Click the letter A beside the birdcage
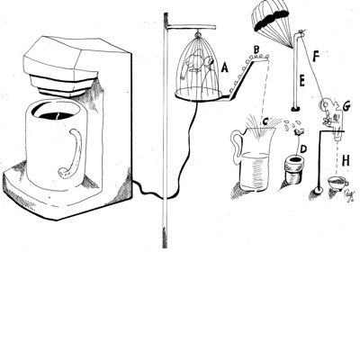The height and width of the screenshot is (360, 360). pos(224,68)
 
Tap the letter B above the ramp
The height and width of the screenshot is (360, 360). pos(256,49)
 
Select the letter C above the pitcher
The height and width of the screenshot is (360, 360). pos(265,121)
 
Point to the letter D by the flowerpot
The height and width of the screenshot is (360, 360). pos(303,148)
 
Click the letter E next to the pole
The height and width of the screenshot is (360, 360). pos(301,81)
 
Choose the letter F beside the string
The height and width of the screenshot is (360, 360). pos(316,57)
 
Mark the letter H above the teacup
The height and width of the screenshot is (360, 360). pos(346,161)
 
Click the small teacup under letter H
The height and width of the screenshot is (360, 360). pos(337,183)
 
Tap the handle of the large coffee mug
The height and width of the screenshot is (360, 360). pos(73,154)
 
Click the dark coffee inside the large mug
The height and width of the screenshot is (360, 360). pos(57,116)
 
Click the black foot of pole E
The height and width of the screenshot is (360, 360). pos(296,108)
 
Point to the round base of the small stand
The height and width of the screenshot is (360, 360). pos(318,190)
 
